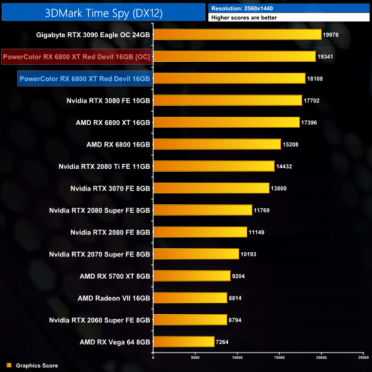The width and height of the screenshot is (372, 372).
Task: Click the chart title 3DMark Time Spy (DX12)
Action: (103, 12)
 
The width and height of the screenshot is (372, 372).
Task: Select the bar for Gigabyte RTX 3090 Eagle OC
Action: (238, 35)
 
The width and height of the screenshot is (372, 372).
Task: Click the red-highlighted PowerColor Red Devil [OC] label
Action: (76, 57)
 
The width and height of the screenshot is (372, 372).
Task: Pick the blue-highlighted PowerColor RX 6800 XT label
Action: (84, 78)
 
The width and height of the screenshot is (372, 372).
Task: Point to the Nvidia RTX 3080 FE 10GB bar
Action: (228, 101)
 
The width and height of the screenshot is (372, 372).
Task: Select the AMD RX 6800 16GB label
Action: (118, 144)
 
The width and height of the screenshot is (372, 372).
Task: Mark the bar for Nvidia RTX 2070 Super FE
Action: (196, 254)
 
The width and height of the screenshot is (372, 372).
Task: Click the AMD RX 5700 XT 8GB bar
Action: (192, 276)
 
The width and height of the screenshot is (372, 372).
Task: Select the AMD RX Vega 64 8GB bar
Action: (184, 342)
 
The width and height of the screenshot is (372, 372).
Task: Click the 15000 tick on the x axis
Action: (279, 358)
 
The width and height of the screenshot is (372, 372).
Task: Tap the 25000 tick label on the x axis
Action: (363, 358)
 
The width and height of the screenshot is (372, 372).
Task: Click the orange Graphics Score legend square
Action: (9, 365)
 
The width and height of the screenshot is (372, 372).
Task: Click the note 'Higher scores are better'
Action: (244, 18)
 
